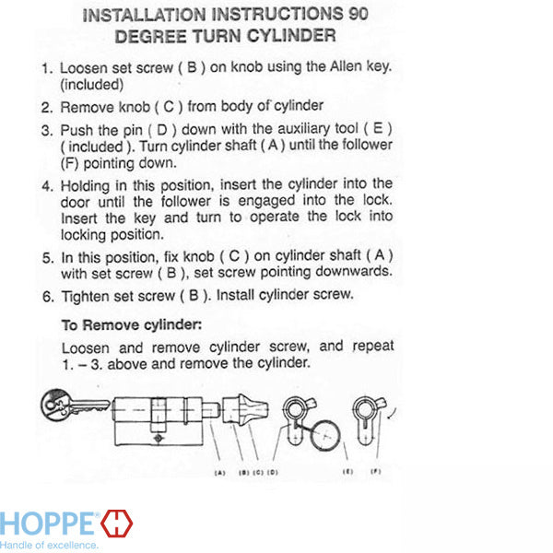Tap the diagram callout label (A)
coord(219,473)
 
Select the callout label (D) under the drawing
coord(273,472)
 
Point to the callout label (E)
coord(347,472)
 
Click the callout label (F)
coord(376,472)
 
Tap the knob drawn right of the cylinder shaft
coord(245,409)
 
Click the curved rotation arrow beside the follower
coord(393,414)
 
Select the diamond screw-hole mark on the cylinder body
coord(158,438)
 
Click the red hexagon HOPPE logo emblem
coord(117,524)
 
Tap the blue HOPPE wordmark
coord(47,524)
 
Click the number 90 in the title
coord(359,14)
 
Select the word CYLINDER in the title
coord(291,36)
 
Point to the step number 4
coord(48,186)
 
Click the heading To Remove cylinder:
coord(132,324)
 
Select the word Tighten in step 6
coord(85,296)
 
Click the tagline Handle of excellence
coord(49,545)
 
